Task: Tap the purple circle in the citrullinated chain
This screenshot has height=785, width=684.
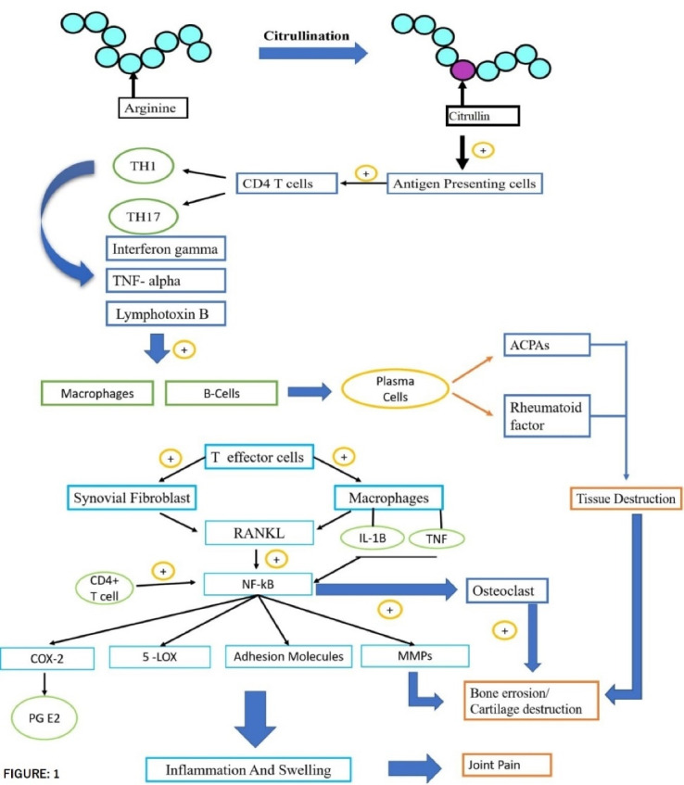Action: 462,70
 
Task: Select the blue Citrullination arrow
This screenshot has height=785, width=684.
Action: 313,53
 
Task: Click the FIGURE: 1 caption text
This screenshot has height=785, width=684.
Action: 32,774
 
